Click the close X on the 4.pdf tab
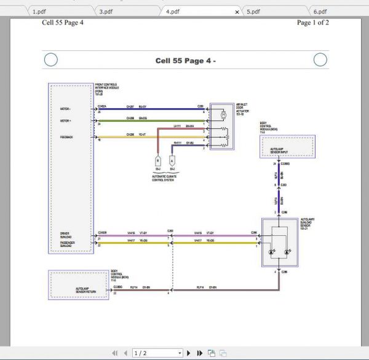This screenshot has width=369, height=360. [x=237, y=11]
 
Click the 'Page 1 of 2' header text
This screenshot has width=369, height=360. [x=312, y=23]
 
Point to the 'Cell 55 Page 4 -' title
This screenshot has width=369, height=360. [x=185, y=60]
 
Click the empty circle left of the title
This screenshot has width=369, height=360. [x=51, y=60]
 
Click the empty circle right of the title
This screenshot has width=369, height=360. [x=320, y=60]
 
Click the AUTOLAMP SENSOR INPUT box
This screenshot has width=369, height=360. [x=287, y=149]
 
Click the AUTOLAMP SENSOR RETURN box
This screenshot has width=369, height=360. [x=78, y=289]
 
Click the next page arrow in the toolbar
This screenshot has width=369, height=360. [x=189, y=353]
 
